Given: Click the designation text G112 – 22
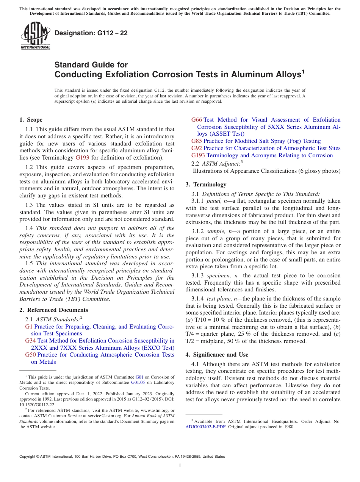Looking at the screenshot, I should tap(91, 33).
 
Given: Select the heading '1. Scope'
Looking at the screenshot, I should tap(31, 120).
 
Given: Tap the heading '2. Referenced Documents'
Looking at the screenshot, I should tap(53, 310).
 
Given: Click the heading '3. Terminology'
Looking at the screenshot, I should tap(206, 185).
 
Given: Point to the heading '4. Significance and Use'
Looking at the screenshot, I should tap(217, 355).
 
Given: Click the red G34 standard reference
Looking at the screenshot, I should tap(30, 341).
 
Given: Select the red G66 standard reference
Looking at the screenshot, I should tap(197, 120).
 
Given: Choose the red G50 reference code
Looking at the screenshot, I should tap(30, 355).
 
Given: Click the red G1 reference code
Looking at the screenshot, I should tap(29, 327).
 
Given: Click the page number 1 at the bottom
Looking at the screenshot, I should tap(180, 466).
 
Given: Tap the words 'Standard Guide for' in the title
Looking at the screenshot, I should tap(91, 65).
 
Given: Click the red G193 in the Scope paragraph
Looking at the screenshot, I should tap(83, 157).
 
